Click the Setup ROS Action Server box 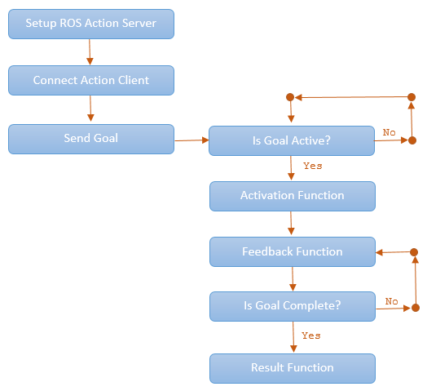click(x=91, y=24)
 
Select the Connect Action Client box click(x=91, y=80)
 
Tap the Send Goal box click(x=91, y=139)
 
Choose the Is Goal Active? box click(x=292, y=140)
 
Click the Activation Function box click(x=293, y=196)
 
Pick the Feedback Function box click(x=293, y=252)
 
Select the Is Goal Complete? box click(x=293, y=306)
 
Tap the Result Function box click(x=293, y=368)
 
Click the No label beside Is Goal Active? click(x=389, y=132)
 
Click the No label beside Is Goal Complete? click(x=392, y=301)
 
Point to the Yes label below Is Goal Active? click(x=313, y=166)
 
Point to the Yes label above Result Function click(x=311, y=335)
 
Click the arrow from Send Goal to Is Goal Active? click(x=191, y=140)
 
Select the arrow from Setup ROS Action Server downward click(x=90, y=52)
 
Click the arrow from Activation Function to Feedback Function click(x=291, y=223)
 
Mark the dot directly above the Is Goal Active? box click(x=290, y=97)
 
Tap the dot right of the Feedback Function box click(x=414, y=252)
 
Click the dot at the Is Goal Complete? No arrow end click(x=416, y=308)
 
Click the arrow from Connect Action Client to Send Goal click(x=90, y=109)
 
